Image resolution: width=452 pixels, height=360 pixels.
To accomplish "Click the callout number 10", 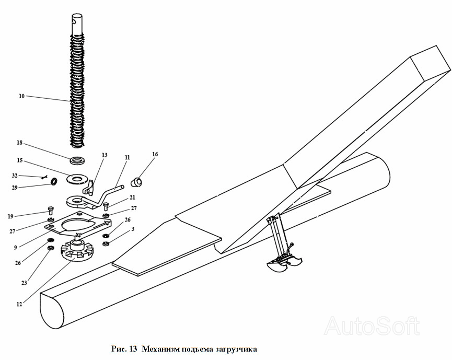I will (x=21, y=96).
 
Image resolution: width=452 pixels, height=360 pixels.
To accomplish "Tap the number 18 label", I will (x=20, y=143).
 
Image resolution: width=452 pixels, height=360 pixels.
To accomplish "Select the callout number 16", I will (x=155, y=154).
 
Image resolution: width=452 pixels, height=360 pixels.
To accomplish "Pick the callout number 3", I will (x=133, y=229).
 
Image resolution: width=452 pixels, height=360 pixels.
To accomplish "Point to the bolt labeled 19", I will (x=51, y=210).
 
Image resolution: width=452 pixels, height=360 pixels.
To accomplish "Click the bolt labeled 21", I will (x=106, y=206).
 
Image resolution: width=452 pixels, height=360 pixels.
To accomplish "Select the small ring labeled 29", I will (x=53, y=182).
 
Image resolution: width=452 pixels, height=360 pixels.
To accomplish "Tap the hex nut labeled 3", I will (x=106, y=243).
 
